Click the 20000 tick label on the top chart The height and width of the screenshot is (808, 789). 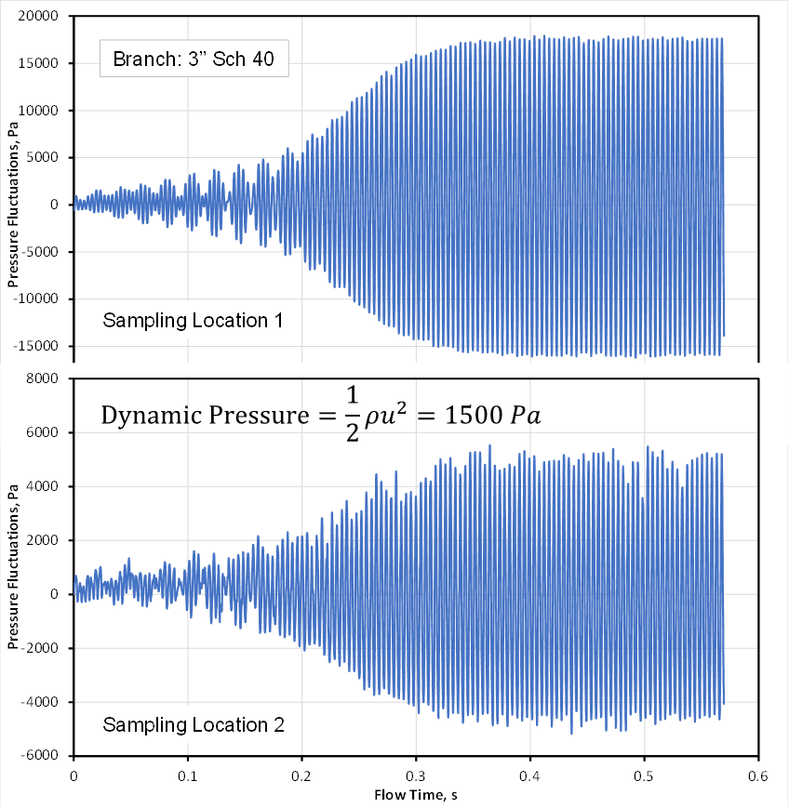pyautogui.click(x=42, y=17)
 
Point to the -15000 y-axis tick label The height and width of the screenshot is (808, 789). pyautogui.click(x=40, y=346)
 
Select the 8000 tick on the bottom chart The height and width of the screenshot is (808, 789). pyautogui.click(x=47, y=379)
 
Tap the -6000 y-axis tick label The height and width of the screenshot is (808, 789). pyautogui.click(x=44, y=755)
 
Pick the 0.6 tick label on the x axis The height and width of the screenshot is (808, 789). pyautogui.click(x=758, y=774)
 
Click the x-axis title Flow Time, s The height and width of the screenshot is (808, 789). pyautogui.click(x=416, y=795)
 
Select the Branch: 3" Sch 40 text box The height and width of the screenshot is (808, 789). pyautogui.click(x=194, y=62)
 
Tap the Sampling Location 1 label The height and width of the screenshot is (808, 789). pyautogui.click(x=193, y=321)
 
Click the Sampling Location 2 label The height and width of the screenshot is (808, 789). pyautogui.click(x=193, y=724)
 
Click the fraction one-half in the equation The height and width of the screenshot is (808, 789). pyautogui.click(x=353, y=417)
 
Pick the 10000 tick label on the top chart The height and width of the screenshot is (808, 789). pyautogui.click(x=42, y=111)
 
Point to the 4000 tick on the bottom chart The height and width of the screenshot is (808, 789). pyautogui.click(x=47, y=487)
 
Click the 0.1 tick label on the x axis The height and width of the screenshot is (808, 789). pyautogui.click(x=188, y=774)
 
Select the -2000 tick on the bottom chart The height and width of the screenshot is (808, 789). pyautogui.click(x=44, y=648)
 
